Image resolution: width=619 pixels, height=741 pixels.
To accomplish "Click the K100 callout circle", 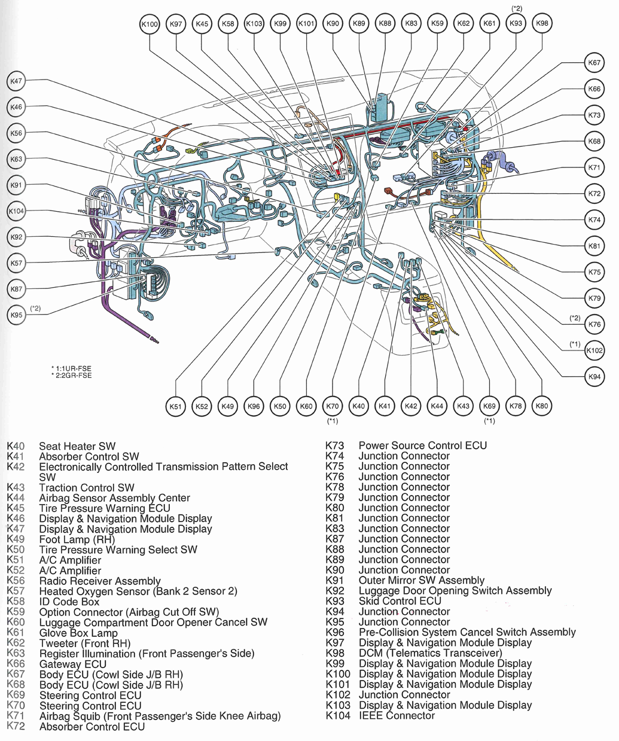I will click(150, 24).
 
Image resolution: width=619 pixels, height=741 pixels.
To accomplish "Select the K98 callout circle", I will click(542, 24).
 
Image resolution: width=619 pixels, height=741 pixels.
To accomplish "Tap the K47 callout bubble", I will click(16, 81).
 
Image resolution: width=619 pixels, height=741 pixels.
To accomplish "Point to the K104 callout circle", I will click(16, 211).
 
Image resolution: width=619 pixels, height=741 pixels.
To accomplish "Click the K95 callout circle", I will click(16, 315).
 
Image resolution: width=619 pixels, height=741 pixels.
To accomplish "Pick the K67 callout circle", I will click(594, 63).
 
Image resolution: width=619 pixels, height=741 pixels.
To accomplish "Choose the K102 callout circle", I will click(594, 350).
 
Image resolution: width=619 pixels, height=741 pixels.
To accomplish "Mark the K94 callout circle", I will click(594, 377).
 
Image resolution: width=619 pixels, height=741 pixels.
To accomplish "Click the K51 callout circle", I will click(175, 407).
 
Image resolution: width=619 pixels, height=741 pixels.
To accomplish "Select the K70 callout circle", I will click(333, 407).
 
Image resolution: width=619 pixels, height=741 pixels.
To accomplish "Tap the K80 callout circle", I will click(542, 406).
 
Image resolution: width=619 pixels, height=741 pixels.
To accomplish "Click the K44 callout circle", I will click(437, 407).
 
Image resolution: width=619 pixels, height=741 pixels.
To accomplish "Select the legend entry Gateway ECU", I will click(72, 664).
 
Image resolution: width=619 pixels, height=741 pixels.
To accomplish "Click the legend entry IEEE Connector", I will click(397, 715).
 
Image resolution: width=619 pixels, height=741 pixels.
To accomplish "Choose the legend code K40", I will click(16, 446).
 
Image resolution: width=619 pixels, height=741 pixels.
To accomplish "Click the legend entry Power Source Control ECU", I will click(422, 446).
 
